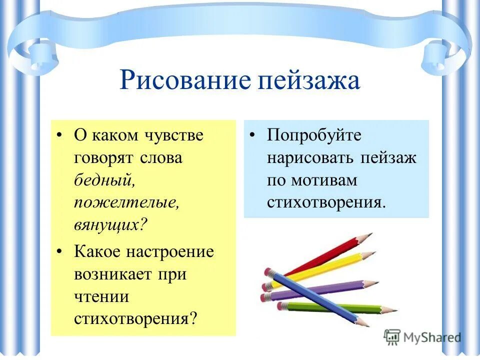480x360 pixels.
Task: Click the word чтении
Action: pos(102,296)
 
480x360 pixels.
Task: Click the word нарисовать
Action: pos(309,157)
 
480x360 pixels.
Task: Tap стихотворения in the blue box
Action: pos(326,202)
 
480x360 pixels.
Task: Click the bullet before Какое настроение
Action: pos(60,252)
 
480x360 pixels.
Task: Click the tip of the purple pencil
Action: pos(378,282)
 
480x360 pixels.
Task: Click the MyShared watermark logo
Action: pos(422,337)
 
